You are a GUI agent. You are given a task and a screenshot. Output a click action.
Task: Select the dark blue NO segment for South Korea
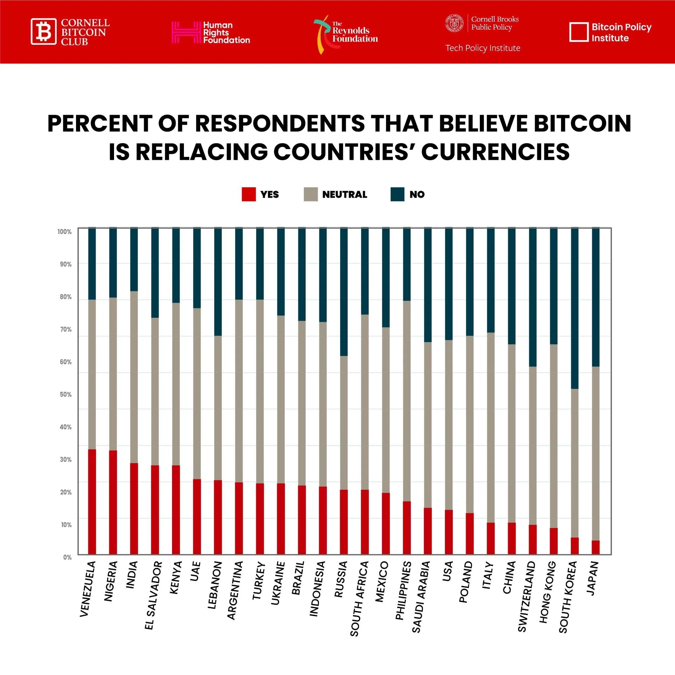point(574,308)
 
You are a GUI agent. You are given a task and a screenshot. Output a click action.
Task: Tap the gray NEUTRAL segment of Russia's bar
point(344,423)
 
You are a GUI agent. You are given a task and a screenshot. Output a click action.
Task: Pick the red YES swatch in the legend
point(249,194)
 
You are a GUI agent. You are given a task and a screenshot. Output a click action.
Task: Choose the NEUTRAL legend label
point(344,194)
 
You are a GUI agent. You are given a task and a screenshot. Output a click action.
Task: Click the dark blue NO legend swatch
point(397,194)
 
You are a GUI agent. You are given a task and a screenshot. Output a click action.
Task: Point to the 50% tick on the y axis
point(66,395)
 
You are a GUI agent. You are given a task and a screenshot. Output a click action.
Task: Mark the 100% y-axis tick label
point(65,232)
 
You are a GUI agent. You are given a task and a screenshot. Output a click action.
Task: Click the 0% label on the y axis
point(68,557)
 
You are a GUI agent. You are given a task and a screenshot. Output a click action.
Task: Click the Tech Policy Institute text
point(483,48)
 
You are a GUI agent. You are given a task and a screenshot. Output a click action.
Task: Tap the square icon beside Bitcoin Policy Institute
point(578,32)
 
